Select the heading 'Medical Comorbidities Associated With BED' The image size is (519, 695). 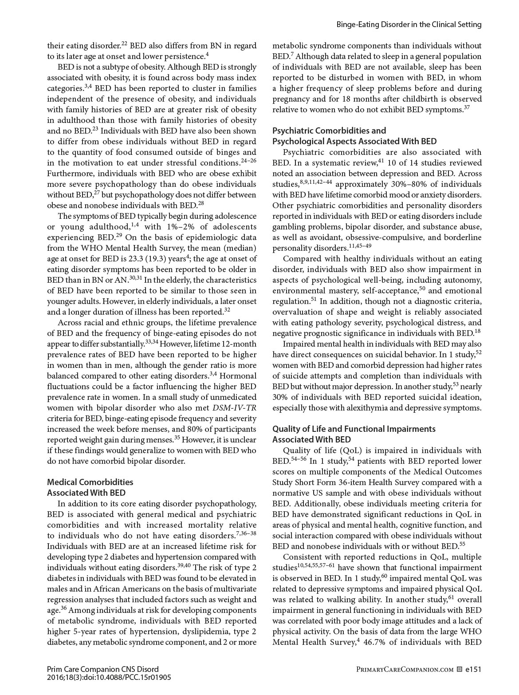pyautogui.click(x=90, y=487)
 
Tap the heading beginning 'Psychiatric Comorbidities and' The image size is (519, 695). pyautogui.click(x=329, y=130)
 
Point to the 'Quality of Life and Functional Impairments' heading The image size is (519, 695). pyautogui.click(x=354, y=429)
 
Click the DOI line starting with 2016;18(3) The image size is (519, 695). pyautogui.click(x=109, y=678)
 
